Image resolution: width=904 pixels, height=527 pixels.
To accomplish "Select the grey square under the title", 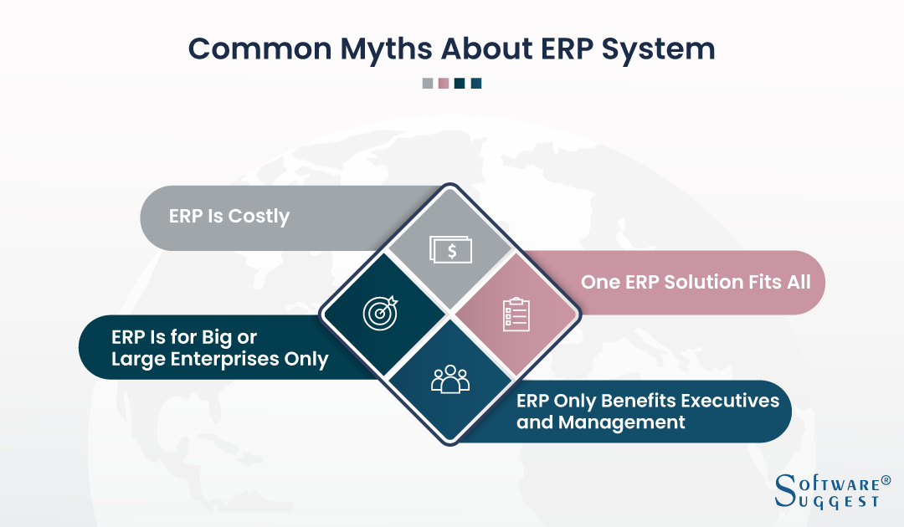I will (x=428, y=84).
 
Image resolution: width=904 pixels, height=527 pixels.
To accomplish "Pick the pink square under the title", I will (x=444, y=84).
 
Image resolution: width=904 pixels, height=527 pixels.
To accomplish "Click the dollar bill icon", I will (x=451, y=249).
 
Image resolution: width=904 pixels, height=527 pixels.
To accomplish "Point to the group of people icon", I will (x=450, y=379).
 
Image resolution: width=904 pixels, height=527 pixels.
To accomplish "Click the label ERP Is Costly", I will (x=229, y=217).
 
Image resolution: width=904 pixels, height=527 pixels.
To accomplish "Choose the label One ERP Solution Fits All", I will (x=696, y=282).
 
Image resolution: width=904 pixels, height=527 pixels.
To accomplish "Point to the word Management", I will (x=621, y=422).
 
